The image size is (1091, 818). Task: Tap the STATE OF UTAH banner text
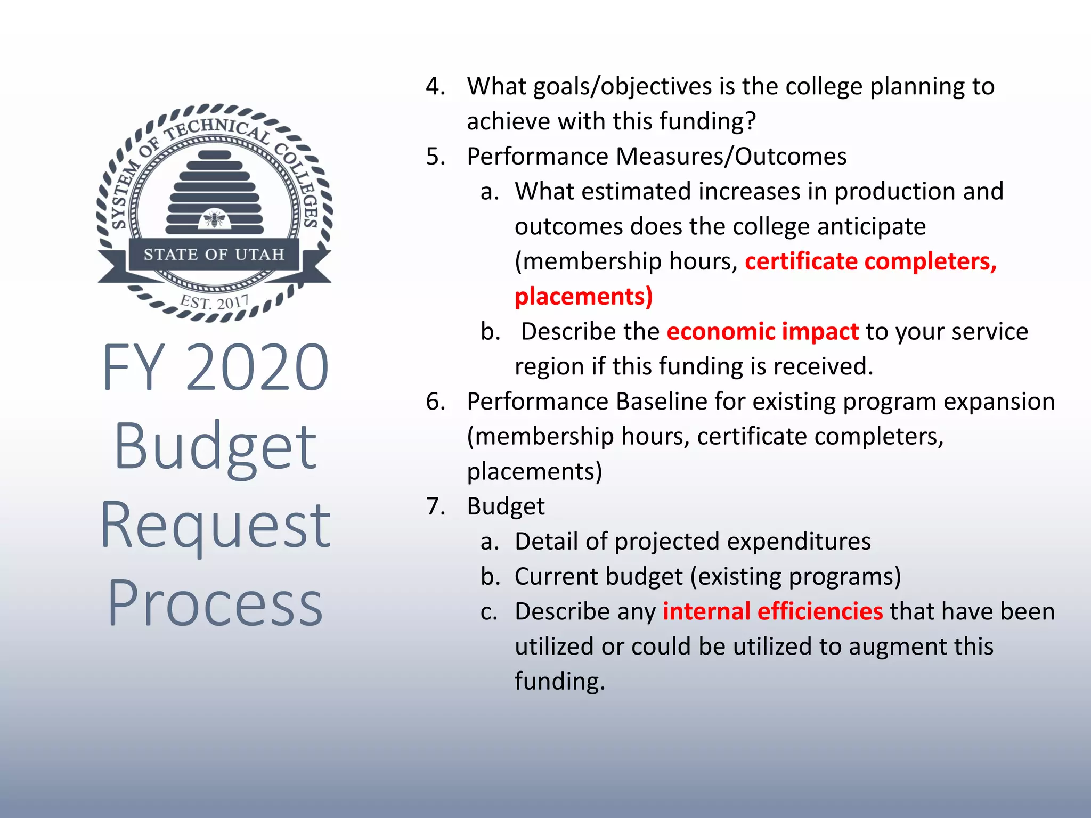click(x=214, y=255)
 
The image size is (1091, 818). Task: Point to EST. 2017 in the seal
click(x=215, y=302)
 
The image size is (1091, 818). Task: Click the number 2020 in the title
click(x=257, y=367)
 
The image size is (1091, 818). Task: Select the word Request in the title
click(x=215, y=526)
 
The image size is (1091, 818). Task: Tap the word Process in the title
click(x=215, y=603)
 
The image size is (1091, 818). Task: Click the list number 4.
click(x=435, y=86)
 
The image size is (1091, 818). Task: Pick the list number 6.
click(x=435, y=402)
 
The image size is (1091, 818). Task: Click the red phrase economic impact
click(x=762, y=331)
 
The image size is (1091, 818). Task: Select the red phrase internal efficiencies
click(x=772, y=611)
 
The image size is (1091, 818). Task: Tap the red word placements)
click(x=583, y=297)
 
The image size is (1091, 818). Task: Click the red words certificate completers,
click(x=870, y=261)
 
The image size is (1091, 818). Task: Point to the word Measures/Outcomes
click(x=731, y=157)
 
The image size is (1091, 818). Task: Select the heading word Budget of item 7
click(x=506, y=506)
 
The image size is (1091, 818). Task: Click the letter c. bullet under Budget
click(x=489, y=611)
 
